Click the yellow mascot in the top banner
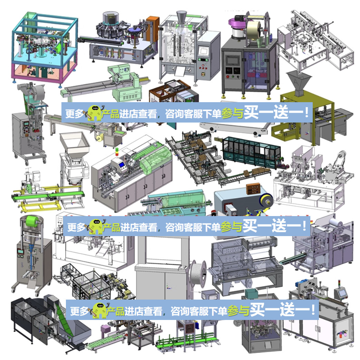point(94,113)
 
